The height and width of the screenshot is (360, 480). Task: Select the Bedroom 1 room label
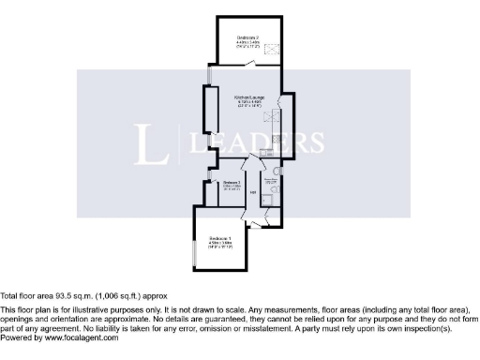(219, 239)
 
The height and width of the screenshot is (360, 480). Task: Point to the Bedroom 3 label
(232, 182)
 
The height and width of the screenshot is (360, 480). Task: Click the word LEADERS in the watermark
(258, 142)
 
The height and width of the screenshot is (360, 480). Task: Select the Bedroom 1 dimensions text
(219, 246)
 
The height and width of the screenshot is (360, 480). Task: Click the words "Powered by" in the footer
(18, 337)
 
